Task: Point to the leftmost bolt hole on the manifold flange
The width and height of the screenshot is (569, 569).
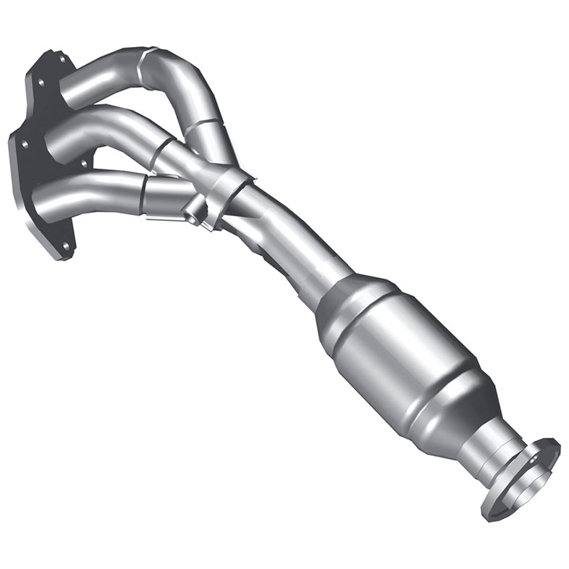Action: (x=27, y=144)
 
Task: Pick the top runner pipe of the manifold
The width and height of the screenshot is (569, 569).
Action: (x=109, y=72)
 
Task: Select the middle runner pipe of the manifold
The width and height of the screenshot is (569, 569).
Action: (x=101, y=127)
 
